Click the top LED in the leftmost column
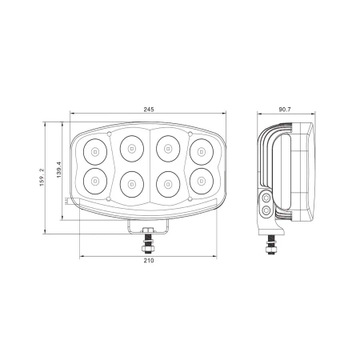[94, 150]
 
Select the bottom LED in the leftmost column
[94, 181]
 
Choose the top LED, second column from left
[130, 146]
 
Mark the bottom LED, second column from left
[130, 184]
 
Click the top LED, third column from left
[166, 146]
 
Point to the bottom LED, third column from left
[166, 184]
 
